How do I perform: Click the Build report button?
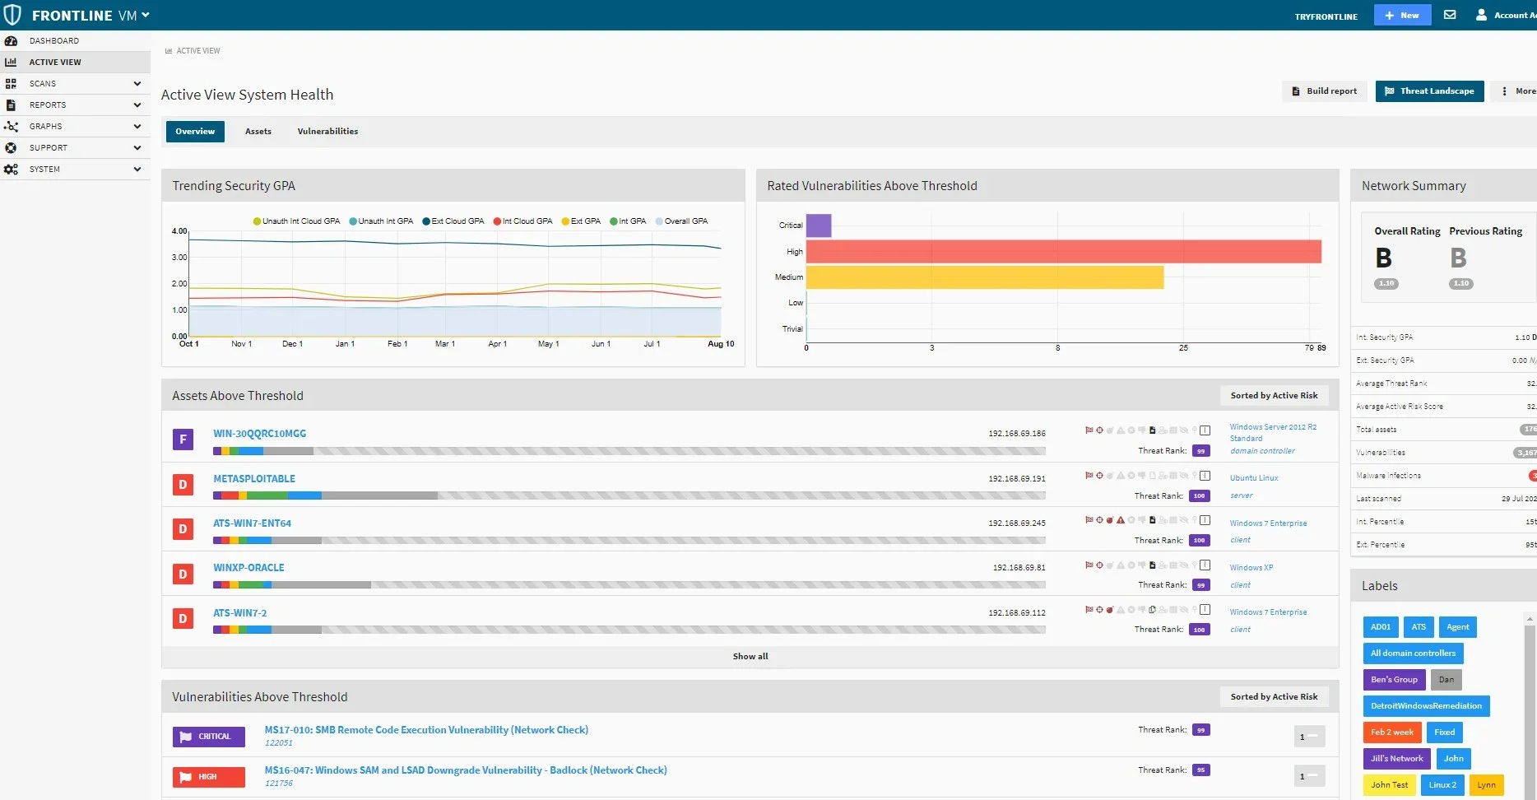point(1324,91)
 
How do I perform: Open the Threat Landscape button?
point(1429,91)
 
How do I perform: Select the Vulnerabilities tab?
point(327,132)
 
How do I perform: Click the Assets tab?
point(258,132)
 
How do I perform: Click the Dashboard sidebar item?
point(54,41)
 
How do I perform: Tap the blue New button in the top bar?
point(1402,16)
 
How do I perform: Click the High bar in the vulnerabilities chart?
point(1063,252)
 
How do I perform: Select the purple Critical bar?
point(819,226)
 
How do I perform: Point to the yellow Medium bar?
point(984,277)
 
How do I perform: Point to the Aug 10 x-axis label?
point(721,344)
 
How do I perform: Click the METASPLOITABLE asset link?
point(254,479)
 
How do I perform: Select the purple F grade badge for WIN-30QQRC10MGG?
point(183,440)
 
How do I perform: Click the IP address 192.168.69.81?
point(1019,568)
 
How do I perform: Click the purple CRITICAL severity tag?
point(209,737)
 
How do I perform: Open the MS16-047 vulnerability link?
point(466,770)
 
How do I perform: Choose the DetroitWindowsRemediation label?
point(1426,706)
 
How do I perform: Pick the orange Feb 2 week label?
point(1391,733)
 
